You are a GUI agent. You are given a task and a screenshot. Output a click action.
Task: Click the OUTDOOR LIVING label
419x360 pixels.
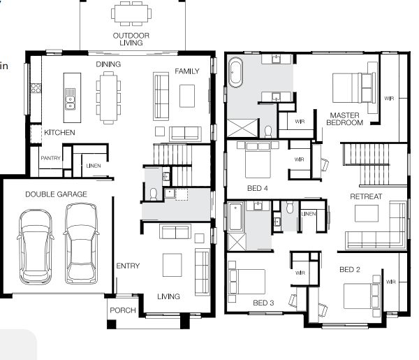[x=131, y=38]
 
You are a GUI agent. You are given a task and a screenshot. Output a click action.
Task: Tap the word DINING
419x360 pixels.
[x=108, y=64]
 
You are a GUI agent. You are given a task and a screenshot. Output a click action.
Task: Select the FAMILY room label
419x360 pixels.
[x=187, y=71]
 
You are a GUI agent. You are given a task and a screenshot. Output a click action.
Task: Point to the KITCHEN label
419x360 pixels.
[x=59, y=132]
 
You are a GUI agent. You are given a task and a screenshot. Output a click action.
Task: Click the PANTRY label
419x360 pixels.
[x=50, y=158]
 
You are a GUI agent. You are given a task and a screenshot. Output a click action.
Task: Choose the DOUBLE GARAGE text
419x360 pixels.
[x=57, y=194]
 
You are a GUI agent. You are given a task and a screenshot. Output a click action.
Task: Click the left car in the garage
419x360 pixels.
[x=36, y=245]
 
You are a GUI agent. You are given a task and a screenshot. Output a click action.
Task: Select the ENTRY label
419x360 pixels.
[x=128, y=266]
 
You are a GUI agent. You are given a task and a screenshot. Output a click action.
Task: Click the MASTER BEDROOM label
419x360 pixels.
[x=346, y=119]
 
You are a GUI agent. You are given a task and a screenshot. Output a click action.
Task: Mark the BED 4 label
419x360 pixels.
[x=258, y=188]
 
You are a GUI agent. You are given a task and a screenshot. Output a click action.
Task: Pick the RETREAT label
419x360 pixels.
[x=366, y=196]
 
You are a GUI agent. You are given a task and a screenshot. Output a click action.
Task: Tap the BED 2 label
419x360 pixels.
[x=349, y=269]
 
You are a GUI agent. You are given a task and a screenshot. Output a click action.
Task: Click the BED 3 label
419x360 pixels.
[x=263, y=302]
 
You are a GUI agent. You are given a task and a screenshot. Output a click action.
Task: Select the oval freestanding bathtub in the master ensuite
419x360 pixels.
[x=237, y=73]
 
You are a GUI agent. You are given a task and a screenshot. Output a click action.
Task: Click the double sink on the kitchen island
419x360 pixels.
[x=69, y=103]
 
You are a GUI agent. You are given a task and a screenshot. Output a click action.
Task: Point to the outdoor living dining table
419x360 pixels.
[x=131, y=13]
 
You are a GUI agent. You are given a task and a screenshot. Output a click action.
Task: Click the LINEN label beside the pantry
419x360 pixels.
[x=93, y=166]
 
